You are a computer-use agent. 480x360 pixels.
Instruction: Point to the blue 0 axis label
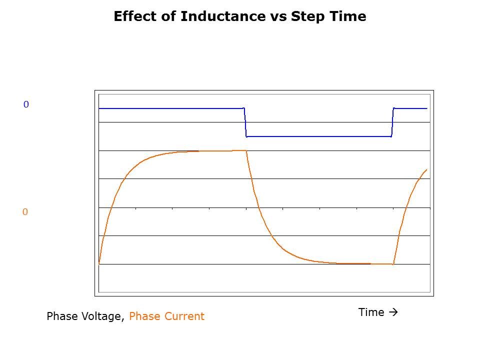[x=26, y=104]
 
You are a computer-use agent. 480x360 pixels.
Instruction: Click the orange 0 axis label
[x=25, y=212]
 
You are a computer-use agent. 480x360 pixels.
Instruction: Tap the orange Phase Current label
[x=166, y=316]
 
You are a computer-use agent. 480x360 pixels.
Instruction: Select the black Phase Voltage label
[x=85, y=316]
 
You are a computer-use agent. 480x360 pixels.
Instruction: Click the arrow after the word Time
[x=393, y=312]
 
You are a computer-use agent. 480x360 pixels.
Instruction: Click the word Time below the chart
[x=371, y=312]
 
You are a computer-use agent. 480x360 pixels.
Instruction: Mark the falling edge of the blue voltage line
[x=245, y=122]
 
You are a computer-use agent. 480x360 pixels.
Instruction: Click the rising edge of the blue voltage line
[x=392, y=122]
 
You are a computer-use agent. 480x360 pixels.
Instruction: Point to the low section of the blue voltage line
[x=318, y=136]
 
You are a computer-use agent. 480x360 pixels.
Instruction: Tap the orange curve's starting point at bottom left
[x=99, y=263]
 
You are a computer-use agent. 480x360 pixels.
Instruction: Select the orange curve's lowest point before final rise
[x=393, y=263]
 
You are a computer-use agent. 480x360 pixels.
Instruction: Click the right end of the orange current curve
[x=426, y=169]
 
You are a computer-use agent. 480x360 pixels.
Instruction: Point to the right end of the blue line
[x=427, y=108]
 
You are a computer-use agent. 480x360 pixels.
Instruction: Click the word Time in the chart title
[x=348, y=16]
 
